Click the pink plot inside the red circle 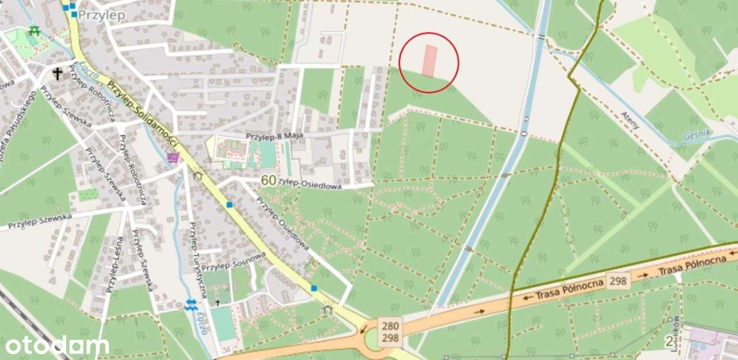(x=430, y=61)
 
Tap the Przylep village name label (x=101, y=16)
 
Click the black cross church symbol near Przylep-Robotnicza (x=58, y=73)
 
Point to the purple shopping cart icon (x=172, y=156)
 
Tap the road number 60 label (x=268, y=180)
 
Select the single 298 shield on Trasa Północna (x=618, y=280)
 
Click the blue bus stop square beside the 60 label (x=229, y=204)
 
